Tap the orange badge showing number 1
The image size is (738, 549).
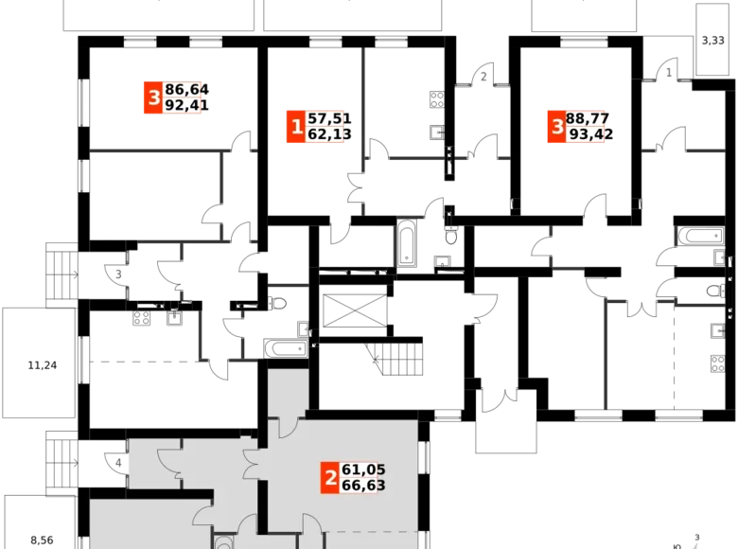tap(296, 126)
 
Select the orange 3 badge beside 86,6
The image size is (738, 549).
tap(152, 97)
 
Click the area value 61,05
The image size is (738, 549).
tap(363, 469)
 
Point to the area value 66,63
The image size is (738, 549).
tap(363, 486)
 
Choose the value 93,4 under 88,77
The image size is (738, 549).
tap(587, 134)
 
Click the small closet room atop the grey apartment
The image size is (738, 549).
tap(288, 388)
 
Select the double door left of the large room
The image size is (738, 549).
tap(253, 465)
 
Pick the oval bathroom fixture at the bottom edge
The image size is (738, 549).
tap(223, 542)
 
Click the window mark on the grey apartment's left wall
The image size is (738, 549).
tap(120, 462)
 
